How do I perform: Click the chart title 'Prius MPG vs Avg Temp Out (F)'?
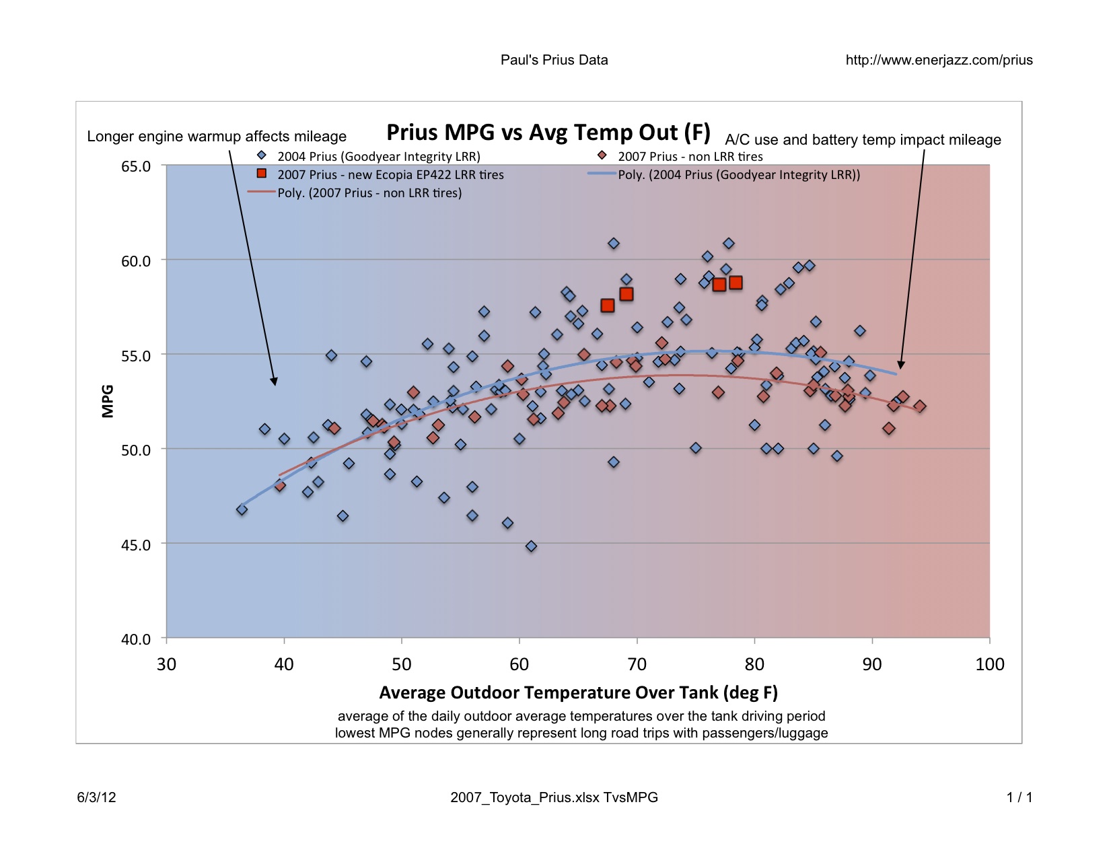click(x=548, y=133)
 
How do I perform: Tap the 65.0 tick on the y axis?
click(x=135, y=166)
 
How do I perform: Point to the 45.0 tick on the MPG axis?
click(x=135, y=544)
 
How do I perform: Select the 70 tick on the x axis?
click(x=637, y=664)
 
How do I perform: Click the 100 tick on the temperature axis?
click(x=989, y=664)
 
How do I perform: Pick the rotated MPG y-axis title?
click(x=108, y=401)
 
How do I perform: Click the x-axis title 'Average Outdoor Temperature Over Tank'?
click(x=578, y=692)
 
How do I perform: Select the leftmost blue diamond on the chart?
click(x=242, y=510)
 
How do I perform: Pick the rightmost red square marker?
click(x=736, y=283)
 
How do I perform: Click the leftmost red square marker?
click(x=607, y=306)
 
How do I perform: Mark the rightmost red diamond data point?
click(x=919, y=406)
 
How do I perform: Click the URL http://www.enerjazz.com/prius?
click(x=939, y=60)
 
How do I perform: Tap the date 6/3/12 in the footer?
click(x=96, y=797)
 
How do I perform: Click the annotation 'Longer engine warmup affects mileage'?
click(x=217, y=137)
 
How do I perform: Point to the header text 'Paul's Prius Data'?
click(x=554, y=60)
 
